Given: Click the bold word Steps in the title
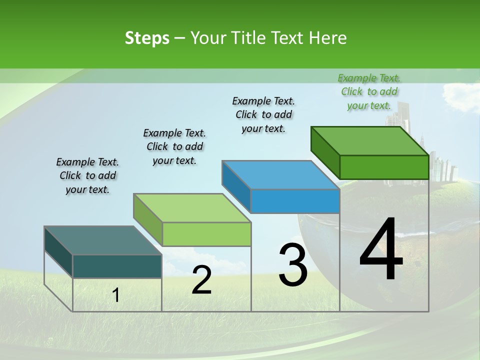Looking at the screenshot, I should pyautogui.click(x=147, y=38).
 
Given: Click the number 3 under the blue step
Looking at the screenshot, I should pyautogui.click(x=293, y=265).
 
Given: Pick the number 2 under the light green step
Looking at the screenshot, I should pyautogui.click(x=201, y=280).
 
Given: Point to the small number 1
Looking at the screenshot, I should pyautogui.click(x=116, y=295).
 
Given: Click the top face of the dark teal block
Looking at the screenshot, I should pyautogui.click(x=102, y=240).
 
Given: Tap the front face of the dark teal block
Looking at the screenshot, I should pyautogui.click(x=117, y=266).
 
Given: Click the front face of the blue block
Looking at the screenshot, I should pyautogui.click(x=295, y=201).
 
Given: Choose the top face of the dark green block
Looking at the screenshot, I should pyautogui.click(x=369, y=140).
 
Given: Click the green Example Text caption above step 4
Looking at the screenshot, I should pyautogui.click(x=369, y=78).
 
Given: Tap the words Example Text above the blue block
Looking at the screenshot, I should pyautogui.click(x=263, y=101).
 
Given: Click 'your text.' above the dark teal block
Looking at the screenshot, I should pyautogui.click(x=87, y=190).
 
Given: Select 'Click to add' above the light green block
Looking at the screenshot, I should pyautogui.click(x=174, y=147).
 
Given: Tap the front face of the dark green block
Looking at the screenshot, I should pyautogui.click(x=384, y=167).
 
